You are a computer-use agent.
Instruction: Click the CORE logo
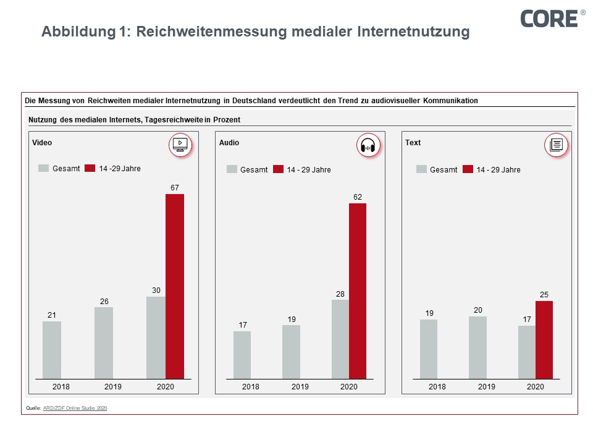[549, 18]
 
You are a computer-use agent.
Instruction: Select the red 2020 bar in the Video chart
[175, 286]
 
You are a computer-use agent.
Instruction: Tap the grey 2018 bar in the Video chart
[52, 350]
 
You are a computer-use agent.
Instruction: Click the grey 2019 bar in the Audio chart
[291, 352]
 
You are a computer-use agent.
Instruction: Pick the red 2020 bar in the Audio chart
[358, 290]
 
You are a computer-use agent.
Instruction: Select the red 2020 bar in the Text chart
[544, 339]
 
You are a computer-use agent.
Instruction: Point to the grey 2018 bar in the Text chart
[429, 349]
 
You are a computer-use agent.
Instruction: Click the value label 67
[175, 187]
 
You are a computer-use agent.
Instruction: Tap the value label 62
[358, 197]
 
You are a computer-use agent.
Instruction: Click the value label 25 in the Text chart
[544, 294]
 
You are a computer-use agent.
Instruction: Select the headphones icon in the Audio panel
[368, 146]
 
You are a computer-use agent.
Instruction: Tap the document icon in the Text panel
[555, 145]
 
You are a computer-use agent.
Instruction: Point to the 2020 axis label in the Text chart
[536, 387]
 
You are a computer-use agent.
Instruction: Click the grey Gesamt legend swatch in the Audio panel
[232, 169]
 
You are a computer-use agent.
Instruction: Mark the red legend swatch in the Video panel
[90, 168]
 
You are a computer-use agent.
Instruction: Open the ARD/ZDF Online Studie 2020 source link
[75, 408]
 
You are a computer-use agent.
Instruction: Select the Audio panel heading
[229, 143]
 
